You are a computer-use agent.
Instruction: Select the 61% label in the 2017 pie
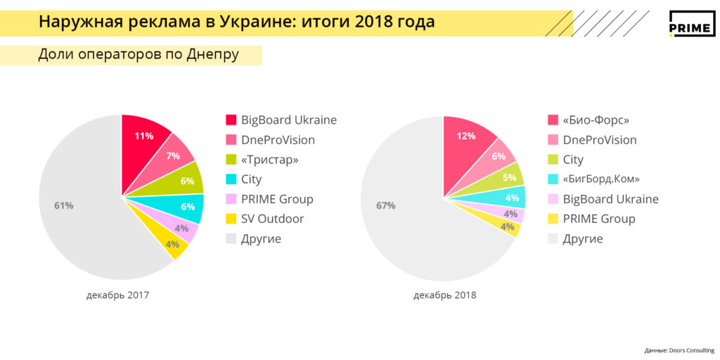(x=64, y=205)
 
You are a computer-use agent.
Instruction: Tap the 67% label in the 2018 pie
(x=386, y=205)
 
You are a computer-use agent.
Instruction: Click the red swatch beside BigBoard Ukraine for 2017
(x=231, y=120)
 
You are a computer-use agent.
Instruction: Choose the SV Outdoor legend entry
(x=272, y=219)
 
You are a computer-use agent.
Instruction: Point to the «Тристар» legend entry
(x=269, y=160)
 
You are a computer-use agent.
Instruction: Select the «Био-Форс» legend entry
(x=596, y=120)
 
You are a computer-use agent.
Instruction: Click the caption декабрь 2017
(x=118, y=295)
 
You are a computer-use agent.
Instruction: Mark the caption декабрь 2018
(x=445, y=295)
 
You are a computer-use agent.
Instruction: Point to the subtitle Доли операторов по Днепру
(x=139, y=55)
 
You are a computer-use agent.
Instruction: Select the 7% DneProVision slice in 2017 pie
(x=174, y=155)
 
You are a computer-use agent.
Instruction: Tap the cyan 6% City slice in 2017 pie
(x=188, y=207)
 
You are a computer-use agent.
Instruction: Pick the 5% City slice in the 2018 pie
(x=509, y=178)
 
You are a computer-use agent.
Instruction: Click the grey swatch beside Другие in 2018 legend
(x=553, y=239)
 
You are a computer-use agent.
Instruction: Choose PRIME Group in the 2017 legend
(x=277, y=199)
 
